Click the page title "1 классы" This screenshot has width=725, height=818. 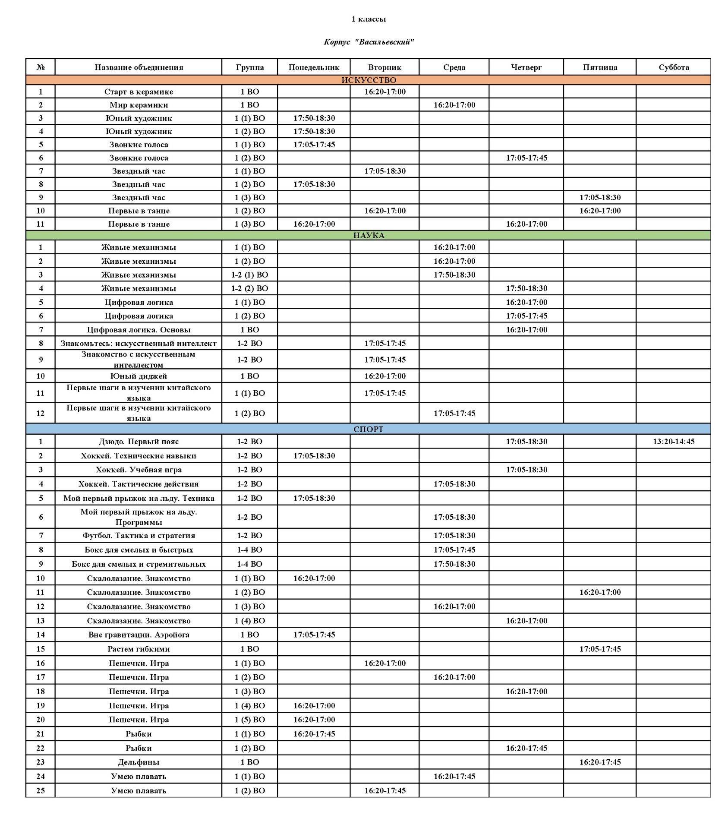click(x=368, y=19)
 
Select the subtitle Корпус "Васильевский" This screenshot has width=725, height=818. click(x=368, y=42)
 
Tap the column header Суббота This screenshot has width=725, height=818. click(x=673, y=67)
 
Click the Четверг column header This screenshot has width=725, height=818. click(x=526, y=67)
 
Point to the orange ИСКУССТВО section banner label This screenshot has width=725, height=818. click(x=368, y=80)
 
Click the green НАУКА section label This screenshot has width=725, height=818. click(x=368, y=235)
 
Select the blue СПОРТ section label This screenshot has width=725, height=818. click(x=368, y=429)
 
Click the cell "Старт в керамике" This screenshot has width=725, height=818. click(x=139, y=92)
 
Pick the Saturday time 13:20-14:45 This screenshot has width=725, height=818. click(x=673, y=442)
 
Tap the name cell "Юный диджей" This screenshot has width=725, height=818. click(x=139, y=376)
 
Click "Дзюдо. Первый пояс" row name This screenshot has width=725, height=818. click(x=139, y=442)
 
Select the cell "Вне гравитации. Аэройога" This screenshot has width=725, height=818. click(x=139, y=635)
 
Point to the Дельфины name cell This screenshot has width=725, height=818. click(x=139, y=762)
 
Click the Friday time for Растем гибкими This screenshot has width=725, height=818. click(x=600, y=649)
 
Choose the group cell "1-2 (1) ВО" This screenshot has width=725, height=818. click(x=249, y=275)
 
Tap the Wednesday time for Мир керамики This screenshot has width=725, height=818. click(x=454, y=105)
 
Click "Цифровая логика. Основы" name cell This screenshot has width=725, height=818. click(x=139, y=330)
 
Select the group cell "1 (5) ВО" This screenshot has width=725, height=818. click(x=249, y=720)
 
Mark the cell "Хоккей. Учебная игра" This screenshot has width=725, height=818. click(x=139, y=470)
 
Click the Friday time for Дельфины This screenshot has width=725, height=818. click(x=600, y=762)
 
